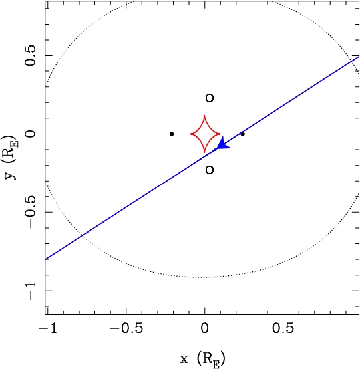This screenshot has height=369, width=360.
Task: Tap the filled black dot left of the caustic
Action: (x=172, y=134)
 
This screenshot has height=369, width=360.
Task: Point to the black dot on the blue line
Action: (x=242, y=134)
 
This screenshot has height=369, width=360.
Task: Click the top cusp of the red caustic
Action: (x=204, y=115)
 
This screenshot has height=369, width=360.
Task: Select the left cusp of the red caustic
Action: (x=191, y=134)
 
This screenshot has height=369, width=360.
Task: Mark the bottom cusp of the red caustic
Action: (x=204, y=152)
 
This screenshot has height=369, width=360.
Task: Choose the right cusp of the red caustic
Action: (x=220, y=134)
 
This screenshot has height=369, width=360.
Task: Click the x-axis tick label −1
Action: (x=48, y=328)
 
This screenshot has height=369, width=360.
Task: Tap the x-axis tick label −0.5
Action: (x=126, y=328)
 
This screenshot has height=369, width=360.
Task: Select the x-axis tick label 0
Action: (x=204, y=328)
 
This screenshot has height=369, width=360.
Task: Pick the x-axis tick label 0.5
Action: (x=283, y=328)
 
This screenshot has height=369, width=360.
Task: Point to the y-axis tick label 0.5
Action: (x=31, y=55)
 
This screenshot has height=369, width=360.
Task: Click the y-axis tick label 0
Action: (x=31, y=134)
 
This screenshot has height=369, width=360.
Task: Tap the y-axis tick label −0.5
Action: (x=31, y=212)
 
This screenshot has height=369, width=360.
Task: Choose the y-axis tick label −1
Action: (x=31, y=291)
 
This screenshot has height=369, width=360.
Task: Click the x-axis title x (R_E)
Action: (x=202, y=359)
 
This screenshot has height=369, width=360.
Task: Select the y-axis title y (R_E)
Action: (x=11, y=158)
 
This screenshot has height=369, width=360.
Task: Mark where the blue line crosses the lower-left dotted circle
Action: (x=82, y=235)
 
